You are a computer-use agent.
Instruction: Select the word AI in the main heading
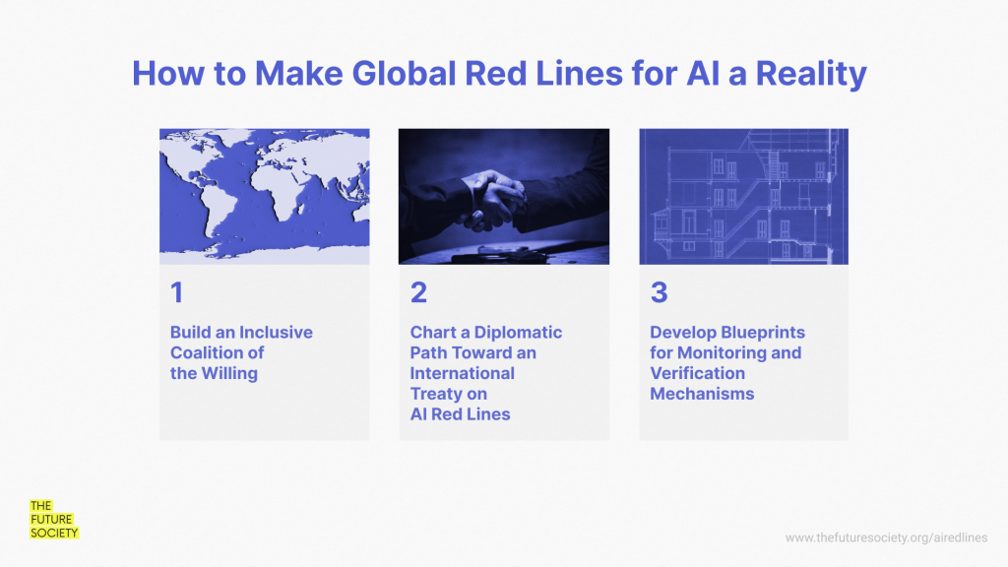pos(703,73)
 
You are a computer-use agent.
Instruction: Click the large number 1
pos(177,292)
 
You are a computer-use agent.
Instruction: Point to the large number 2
pos(418,292)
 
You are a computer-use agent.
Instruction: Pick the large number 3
pos(659,292)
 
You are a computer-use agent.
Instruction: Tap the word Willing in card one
pos(229,373)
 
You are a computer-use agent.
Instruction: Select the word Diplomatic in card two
pos(518,333)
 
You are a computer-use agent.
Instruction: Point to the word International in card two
pos(463,373)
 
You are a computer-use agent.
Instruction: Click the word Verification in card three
pos(698,373)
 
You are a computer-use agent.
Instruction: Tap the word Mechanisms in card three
pos(702,394)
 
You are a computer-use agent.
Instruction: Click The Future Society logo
pos(54,520)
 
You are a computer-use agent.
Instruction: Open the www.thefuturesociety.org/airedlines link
pos(886,537)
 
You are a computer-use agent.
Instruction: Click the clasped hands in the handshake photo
pos(494,199)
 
